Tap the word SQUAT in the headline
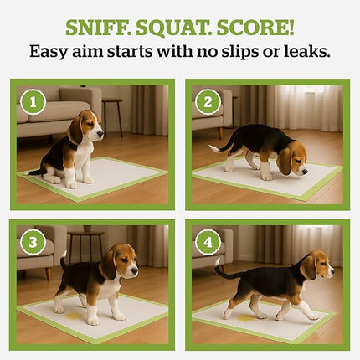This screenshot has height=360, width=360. click(x=178, y=26)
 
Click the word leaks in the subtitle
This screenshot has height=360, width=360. click(x=303, y=51)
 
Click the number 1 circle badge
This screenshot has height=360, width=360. click(x=32, y=102)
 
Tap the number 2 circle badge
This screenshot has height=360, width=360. click(x=208, y=102)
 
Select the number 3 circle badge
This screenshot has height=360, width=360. click(x=32, y=243)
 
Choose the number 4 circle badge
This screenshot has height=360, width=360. click(x=208, y=243)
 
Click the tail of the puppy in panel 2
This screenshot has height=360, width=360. click(x=219, y=144)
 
